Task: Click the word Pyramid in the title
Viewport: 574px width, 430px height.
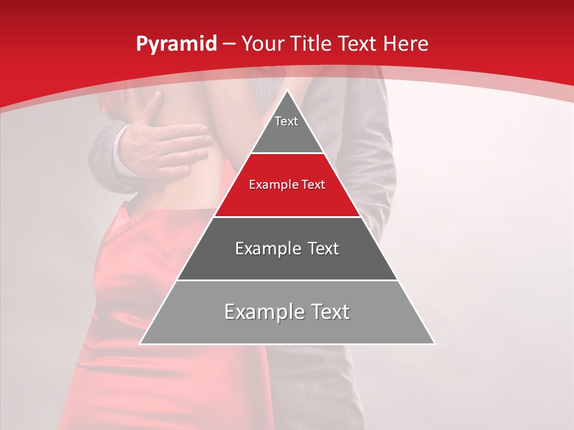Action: [176, 44]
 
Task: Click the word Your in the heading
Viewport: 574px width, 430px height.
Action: [264, 44]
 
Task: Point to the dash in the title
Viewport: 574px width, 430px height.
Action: [228, 44]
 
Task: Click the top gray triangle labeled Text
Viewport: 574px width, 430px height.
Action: [287, 128]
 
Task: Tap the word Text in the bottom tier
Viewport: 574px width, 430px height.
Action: [328, 312]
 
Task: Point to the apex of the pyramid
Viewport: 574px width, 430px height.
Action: [287, 91]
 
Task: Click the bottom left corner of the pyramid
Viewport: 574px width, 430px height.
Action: [141, 343]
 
